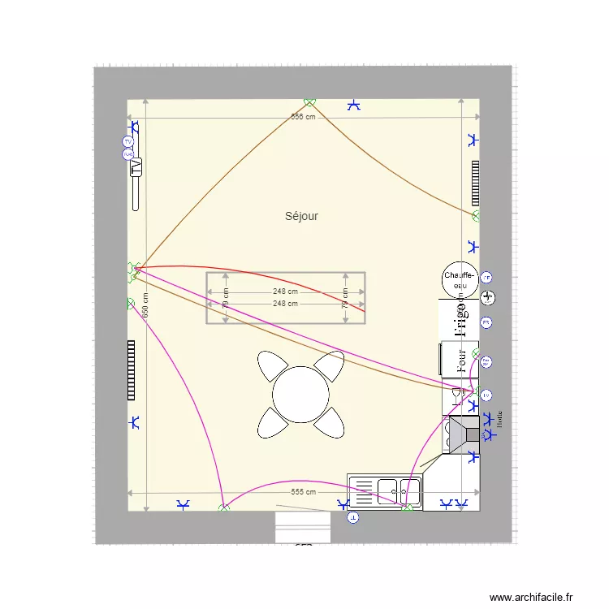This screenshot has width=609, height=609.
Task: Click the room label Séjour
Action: [301, 216]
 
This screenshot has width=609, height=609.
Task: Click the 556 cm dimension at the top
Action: [303, 117]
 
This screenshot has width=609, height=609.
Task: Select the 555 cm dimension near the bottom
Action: [303, 492]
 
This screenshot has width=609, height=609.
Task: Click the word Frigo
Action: [460, 317]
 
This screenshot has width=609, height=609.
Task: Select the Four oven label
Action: [461, 360]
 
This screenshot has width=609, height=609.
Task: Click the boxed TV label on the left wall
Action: [136, 167]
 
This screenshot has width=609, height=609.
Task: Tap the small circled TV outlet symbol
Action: [127, 140]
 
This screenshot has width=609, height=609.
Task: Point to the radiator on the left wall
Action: [130, 370]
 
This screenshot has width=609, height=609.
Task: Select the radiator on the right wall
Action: [475, 183]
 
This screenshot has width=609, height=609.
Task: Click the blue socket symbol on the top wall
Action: [354, 105]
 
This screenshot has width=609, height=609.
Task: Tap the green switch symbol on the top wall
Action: [309, 101]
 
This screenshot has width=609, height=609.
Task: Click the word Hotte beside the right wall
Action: [500, 418]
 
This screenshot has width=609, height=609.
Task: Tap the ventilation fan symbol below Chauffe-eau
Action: [488, 297]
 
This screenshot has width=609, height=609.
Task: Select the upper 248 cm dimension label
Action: [285, 292]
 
